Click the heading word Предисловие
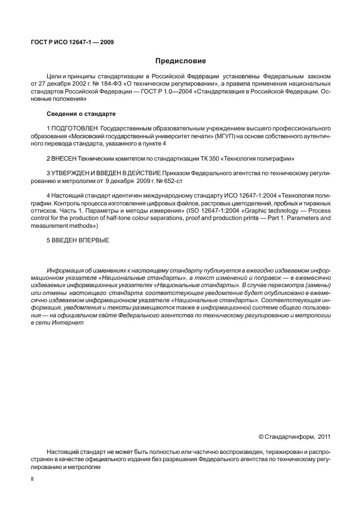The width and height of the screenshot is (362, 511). [x=180, y=61]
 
